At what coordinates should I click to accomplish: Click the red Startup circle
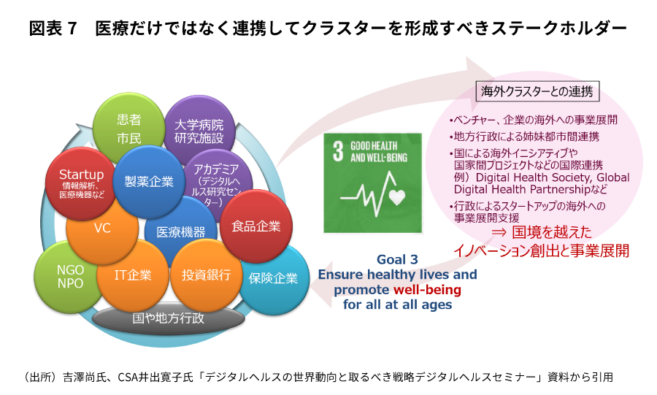tap(81, 183)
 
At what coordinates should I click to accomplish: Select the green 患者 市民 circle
tap(128, 129)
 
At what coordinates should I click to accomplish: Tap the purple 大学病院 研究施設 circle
tap(199, 131)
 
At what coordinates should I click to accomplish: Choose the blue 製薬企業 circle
tap(149, 181)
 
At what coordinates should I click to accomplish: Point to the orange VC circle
tap(102, 229)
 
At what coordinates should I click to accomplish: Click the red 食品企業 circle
tap(256, 226)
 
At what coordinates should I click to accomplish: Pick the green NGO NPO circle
tap(70, 277)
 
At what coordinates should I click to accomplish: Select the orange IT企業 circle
tap(133, 275)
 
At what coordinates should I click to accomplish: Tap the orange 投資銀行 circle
tap(206, 275)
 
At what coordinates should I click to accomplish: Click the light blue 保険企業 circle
tap(273, 278)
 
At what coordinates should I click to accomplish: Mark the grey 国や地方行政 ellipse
tap(168, 318)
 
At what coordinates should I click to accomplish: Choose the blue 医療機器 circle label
tap(180, 232)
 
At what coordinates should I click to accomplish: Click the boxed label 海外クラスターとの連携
tap(537, 91)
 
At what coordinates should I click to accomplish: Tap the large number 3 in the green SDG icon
tap(338, 151)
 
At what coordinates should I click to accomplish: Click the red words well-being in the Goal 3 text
tap(427, 289)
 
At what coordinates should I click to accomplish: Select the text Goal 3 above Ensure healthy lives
tap(397, 259)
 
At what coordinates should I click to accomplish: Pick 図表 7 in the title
tap(53, 28)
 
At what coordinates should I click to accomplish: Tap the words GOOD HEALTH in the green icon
tap(374, 146)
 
